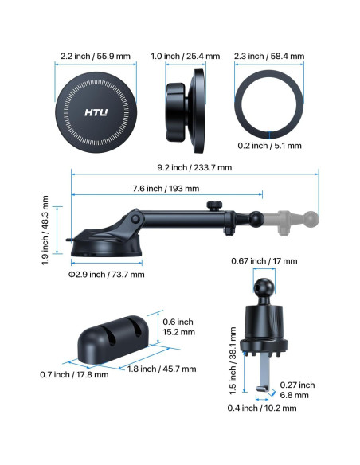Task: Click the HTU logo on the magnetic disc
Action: [x=96, y=112]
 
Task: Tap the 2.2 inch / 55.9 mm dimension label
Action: [x=96, y=56]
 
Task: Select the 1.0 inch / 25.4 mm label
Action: [x=186, y=56]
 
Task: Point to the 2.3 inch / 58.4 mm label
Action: [x=269, y=56]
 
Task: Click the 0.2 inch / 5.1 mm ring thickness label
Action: [x=269, y=146]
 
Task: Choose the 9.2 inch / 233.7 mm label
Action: [x=194, y=167]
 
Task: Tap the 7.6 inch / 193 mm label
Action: [x=166, y=189]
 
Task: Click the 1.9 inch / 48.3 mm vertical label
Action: [x=45, y=230]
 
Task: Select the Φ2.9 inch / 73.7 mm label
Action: [x=107, y=275]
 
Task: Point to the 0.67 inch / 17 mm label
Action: [x=264, y=261]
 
